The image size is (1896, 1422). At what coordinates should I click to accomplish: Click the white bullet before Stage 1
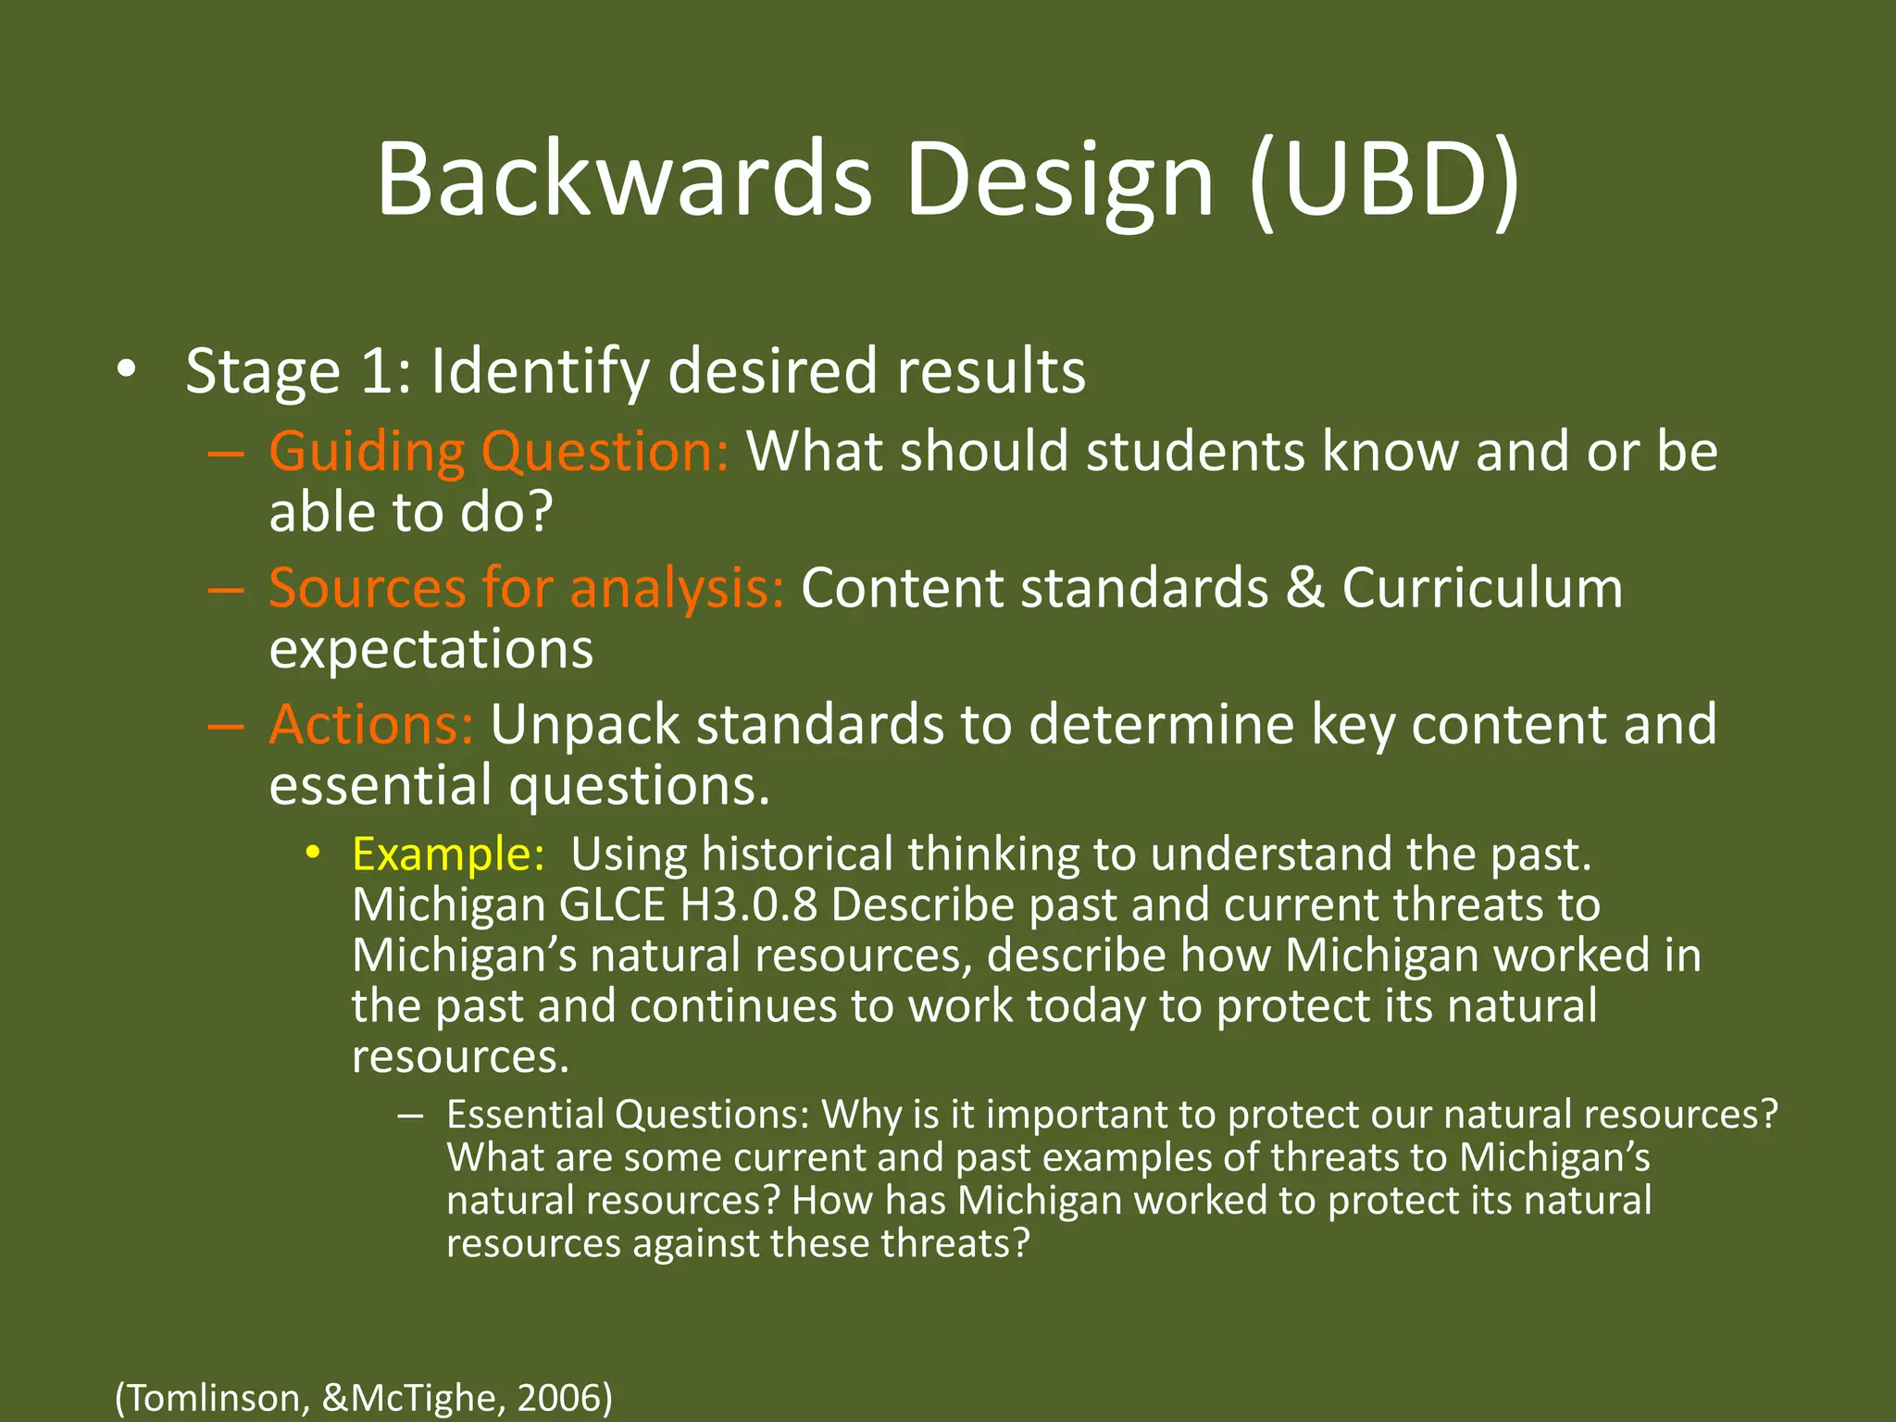[127, 370]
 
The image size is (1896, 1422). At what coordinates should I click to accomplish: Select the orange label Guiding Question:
[499, 452]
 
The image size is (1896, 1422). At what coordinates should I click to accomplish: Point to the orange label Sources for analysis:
[526, 588]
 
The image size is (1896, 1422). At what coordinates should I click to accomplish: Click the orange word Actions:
[371, 724]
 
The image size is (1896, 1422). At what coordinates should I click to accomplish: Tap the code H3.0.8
[748, 904]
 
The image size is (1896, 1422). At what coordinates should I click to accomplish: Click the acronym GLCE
[612, 904]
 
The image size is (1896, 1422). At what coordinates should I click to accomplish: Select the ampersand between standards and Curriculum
[1304, 588]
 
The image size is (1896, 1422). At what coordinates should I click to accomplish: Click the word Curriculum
[1482, 588]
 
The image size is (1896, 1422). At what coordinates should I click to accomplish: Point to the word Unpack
[585, 724]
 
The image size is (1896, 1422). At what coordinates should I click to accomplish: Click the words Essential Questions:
[628, 1115]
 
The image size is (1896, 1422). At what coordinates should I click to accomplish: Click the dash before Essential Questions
[410, 1115]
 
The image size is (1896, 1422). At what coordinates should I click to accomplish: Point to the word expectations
[430, 649]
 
